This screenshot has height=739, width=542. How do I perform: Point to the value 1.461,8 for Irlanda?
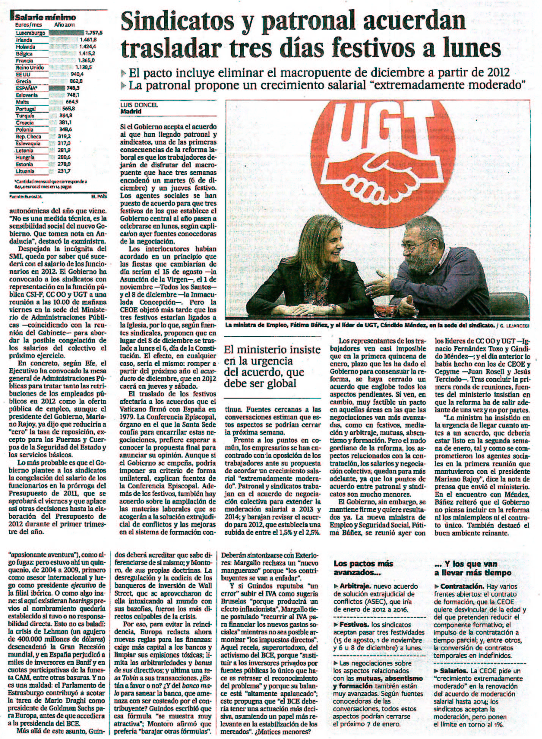[x=88, y=40]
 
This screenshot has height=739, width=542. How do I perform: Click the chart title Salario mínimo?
[x=45, y=17]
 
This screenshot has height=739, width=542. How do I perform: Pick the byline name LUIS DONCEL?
[x=139, y=105]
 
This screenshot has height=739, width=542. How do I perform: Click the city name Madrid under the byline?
[x=131, y=111]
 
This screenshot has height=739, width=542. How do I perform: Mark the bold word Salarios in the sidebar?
[x=454, y=671]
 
